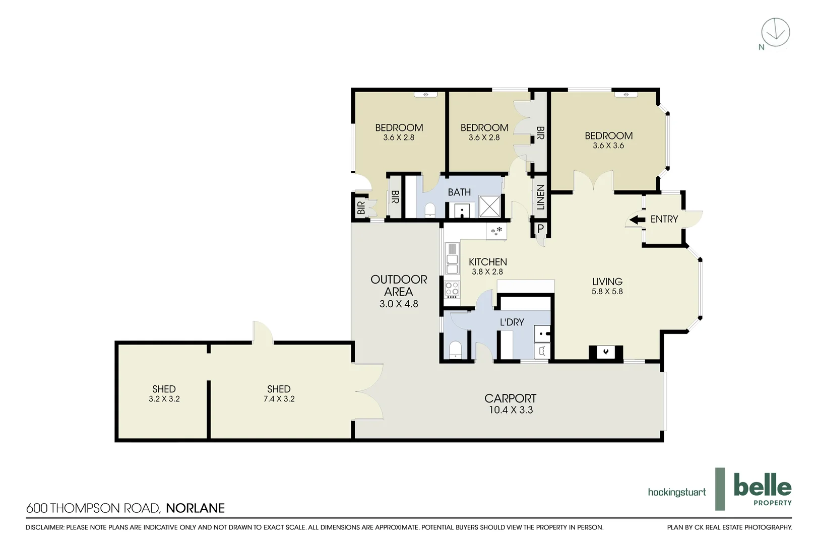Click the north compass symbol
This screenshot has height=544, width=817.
pos(775,33)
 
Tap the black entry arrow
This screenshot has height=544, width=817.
pos(638,220)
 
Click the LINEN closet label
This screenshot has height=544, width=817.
pos(540,197)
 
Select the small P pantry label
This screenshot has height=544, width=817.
pos(540,229)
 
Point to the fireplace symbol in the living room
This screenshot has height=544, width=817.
pos(606,352)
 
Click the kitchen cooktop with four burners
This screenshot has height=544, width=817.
pos(452,289)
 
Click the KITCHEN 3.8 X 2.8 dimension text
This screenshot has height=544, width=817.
pos(487,271)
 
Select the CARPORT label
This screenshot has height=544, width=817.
pos(510,398)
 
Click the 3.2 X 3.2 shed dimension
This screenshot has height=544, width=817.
pos(164,399)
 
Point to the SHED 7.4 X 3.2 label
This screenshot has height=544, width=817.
pos(279,393)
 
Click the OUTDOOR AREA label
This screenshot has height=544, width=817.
pos(399,286)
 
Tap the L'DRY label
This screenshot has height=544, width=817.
pos(512,322)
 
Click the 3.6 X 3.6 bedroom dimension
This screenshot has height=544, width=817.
pos(608,146)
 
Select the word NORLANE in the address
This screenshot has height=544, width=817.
pos(195,508)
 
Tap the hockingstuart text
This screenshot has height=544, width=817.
pos(676,492)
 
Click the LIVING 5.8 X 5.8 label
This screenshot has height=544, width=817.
pos(607,286)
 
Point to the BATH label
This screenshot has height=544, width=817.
pos(459,192)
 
